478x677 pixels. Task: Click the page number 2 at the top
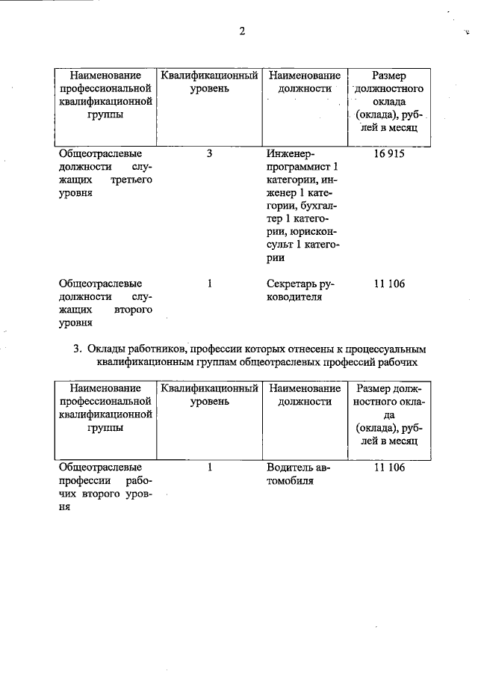click(242, 31)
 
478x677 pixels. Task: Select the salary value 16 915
click(388, 153)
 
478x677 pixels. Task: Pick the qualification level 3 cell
click(210, 153)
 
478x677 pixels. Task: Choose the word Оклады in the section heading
click(110, 349)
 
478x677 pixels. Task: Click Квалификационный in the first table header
click(210, 76)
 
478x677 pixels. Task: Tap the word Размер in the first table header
click(388, 76)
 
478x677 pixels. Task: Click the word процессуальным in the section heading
click(380, 349)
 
